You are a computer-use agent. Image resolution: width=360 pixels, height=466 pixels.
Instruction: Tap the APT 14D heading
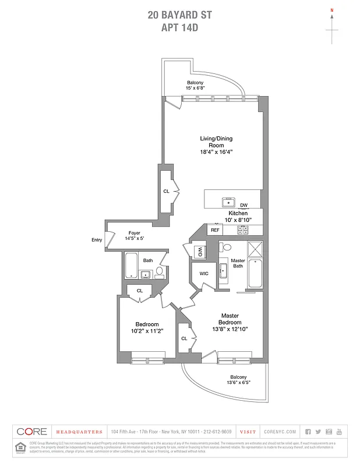[x=179, y=27]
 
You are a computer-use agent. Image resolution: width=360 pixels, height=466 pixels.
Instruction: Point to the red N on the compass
[x=332, y=10]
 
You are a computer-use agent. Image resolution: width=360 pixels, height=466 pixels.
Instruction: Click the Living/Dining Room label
[x=212, y=142]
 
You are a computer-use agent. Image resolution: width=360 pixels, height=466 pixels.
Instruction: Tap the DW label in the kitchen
[x=243, y=205]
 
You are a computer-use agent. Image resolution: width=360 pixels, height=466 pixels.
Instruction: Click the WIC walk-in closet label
[x=204, y=273]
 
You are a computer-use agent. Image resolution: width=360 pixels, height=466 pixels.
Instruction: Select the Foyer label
[x=134, y=233]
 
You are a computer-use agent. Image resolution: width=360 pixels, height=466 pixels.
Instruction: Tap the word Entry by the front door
[x=97, y=240]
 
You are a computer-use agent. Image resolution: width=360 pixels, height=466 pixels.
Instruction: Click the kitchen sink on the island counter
[x=228, y=203]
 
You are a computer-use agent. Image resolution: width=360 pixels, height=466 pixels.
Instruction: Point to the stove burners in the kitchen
[x=243, y=230]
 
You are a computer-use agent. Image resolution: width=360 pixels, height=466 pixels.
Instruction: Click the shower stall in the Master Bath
[x=255, y=250]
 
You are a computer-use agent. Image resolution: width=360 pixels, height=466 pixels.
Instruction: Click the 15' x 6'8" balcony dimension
[x=195, y=88]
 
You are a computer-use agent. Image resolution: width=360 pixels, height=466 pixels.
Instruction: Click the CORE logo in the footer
[x=32, y=432]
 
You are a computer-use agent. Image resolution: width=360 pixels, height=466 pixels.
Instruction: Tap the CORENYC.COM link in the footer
[x=280, y=432]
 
